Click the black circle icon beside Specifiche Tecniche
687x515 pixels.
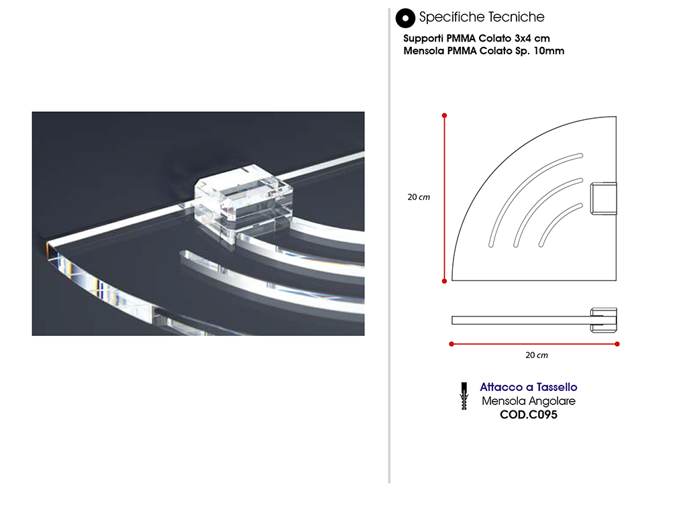tap(405, 18)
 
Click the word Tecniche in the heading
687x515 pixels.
tap(516, 17)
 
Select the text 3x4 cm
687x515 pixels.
tap(532, 38)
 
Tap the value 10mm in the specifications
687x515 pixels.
tap(549, 51)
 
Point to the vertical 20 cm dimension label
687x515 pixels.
tap(419, 197)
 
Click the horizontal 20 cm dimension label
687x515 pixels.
tap(536, 355)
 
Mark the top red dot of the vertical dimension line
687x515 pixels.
tap(444, 115)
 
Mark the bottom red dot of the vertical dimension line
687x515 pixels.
tap(444, 281)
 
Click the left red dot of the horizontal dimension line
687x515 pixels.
tap(452, 344)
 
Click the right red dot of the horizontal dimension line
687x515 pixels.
tap(617, 344)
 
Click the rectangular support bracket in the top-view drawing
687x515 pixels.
tap(603, 198)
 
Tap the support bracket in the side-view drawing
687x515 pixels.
tap(603, 320)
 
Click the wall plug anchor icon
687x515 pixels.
tap(464, 396)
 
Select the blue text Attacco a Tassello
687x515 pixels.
tap(529, 387)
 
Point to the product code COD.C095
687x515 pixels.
tap(529, 414)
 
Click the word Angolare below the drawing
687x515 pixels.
tap(552, 402)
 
